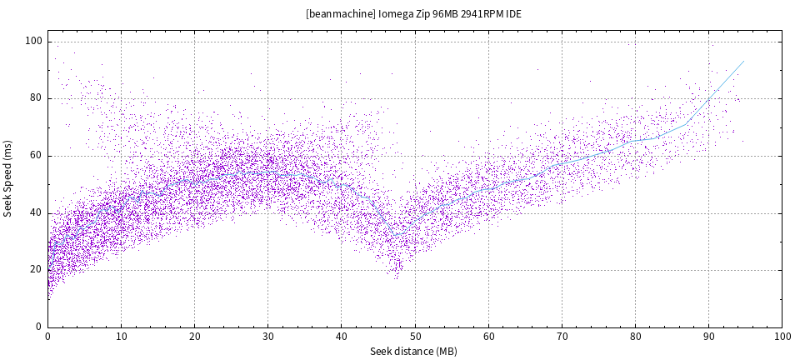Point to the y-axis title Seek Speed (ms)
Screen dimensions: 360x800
8,184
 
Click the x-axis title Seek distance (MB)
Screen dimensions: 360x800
414,352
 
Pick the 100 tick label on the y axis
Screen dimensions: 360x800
33,42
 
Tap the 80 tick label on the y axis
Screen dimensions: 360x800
37,98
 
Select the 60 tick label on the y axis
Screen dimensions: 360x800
37,156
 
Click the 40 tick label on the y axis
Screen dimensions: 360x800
37,212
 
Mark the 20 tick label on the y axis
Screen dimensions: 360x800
37,269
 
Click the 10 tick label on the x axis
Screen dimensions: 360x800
121,337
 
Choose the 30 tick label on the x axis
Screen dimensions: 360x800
267,337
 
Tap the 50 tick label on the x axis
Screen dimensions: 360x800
414,337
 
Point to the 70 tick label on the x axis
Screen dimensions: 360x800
562,337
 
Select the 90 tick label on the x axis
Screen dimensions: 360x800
708,337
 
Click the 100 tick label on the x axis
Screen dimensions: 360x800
782,337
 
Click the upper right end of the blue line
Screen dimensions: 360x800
743,61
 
